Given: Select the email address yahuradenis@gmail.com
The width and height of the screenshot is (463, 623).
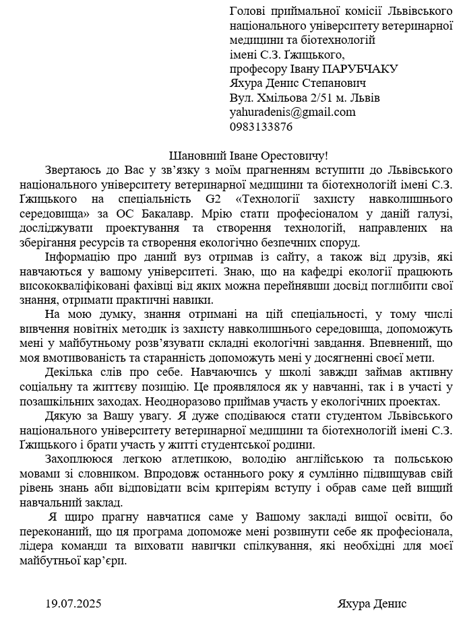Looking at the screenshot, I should click(292, 112).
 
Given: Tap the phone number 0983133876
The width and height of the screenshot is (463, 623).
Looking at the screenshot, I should click(261, 126).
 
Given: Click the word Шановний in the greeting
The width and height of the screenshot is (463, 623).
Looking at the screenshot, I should click(196, 155).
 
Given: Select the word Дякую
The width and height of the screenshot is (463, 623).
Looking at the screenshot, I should click(61, 416).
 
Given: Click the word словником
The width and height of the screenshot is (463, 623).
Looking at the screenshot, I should click(107, 473).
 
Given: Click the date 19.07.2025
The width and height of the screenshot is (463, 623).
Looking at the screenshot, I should click(73, 603).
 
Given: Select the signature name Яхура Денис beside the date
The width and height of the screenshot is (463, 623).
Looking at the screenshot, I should click(371, 603).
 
